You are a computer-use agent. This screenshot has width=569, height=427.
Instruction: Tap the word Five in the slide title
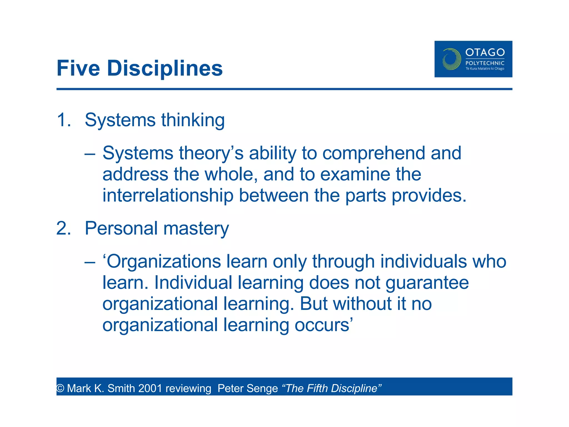(78, 68)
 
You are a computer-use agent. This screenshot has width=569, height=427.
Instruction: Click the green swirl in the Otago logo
(451, 59)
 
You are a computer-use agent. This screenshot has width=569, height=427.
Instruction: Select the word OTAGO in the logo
(485, 52)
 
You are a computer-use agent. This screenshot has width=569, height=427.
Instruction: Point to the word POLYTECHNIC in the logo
(485, 63)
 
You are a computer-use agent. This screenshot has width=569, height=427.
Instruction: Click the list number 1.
(63, 120)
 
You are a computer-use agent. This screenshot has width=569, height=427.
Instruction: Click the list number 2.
(63, 229)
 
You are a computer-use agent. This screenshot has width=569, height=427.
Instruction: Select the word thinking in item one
(193, 120)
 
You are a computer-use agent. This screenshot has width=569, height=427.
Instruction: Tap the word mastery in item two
(196, 229)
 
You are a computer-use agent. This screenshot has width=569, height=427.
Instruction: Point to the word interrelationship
(168, 195)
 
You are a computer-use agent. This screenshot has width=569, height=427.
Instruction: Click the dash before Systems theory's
(90, 154)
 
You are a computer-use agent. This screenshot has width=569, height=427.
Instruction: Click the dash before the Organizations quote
(90, 262)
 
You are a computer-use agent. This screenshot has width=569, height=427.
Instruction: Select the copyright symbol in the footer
(60, 388)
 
